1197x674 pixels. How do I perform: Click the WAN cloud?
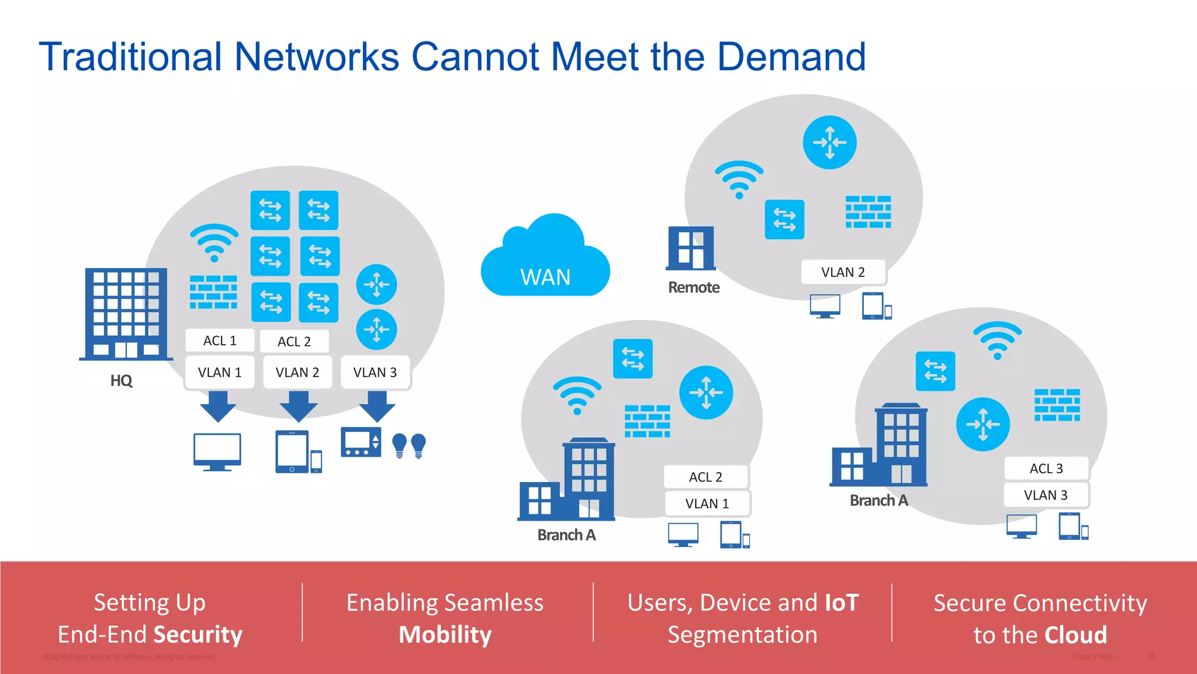(545, 263)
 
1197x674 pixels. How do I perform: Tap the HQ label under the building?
(121, 380)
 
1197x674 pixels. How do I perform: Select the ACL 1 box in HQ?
(220, 341)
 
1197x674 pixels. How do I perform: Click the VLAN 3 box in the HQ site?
(375, 373)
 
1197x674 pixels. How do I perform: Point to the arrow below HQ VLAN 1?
(218, 406)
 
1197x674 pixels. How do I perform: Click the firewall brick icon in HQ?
(213, 292)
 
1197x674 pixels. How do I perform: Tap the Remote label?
(693, 287)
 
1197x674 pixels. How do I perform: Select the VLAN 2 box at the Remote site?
(843, 272)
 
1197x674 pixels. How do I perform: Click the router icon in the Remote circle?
(829, 142)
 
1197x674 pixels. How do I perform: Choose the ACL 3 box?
(1046, 469)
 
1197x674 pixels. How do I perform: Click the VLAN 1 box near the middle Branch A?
(707, 504)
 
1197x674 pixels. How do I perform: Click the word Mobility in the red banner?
(445, 635)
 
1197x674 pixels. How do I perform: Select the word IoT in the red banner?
(841, 603)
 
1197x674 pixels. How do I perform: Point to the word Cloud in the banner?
(1075, 635)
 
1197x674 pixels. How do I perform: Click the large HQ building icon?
(126, 314)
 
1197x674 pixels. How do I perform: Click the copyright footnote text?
(129, 656)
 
